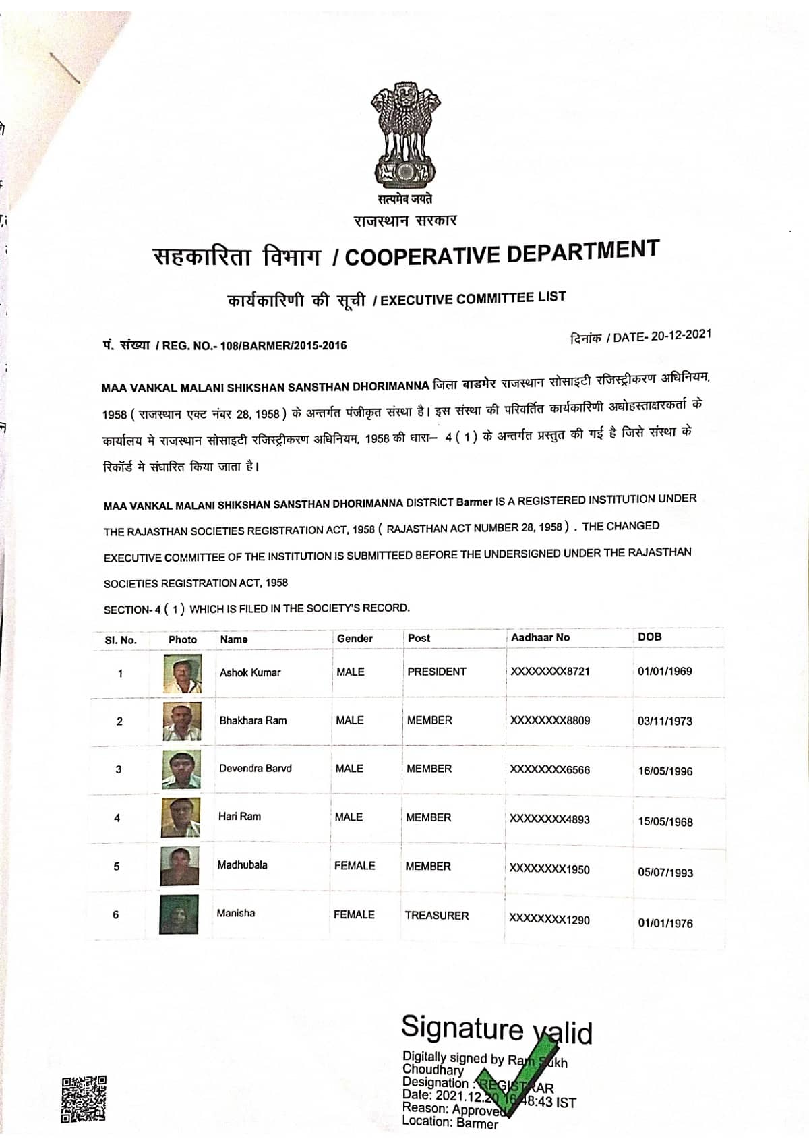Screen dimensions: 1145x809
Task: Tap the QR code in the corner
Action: click(84, 1098)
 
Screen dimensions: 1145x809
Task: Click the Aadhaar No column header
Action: click(540, 637)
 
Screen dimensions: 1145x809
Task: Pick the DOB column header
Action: click(650, 637)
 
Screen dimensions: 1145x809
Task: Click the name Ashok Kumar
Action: click(250, 672)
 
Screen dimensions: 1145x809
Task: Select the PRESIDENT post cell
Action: click(436, 672)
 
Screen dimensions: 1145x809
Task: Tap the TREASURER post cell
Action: click(436, 915)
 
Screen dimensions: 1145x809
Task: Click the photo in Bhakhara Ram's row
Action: click(182, 721)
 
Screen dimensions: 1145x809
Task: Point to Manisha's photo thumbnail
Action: click(179, 914)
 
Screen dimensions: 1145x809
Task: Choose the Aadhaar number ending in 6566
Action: click(549, 769)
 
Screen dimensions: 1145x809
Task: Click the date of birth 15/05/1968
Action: click(665, 821)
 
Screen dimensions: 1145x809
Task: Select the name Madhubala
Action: click(242, 864)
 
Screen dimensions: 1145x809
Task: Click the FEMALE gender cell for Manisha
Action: click(354, 914)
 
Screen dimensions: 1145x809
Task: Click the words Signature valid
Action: click(496, 1029)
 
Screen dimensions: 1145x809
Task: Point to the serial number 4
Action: click(117, 818)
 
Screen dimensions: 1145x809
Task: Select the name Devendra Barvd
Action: click(255, 768)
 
